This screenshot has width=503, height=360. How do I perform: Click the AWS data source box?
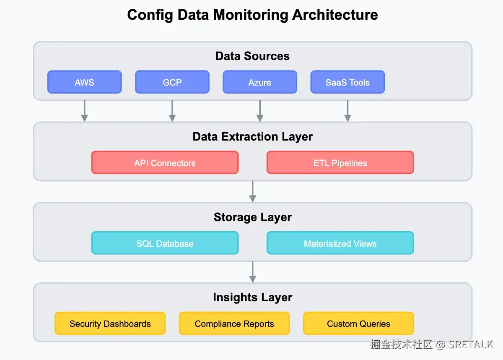(x=84, y=82)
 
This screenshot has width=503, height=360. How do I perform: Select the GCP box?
(x=172, y=82)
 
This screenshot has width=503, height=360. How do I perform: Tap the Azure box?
(x=260, y=82)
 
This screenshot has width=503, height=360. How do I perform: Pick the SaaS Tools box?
(x=347, y=82)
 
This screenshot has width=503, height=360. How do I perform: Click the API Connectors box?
(x=165, y=162)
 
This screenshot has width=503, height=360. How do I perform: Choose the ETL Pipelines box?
(x=340, y=162)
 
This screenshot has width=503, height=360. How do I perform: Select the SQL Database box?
(x=165, y=243)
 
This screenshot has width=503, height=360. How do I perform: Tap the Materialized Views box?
(x=340, y=243)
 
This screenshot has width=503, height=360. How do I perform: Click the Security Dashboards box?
(x=110, y=323)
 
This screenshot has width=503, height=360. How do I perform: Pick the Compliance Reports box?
(x=234, y=323)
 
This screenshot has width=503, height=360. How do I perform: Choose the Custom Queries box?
(x=358, y=323)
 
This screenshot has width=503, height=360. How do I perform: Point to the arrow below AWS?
(x=84, y=111)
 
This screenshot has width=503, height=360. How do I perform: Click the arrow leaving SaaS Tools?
(x=347, y=111)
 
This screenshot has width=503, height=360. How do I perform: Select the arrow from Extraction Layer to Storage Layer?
(x=253, y=191)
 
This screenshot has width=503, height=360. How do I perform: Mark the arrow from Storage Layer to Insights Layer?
(x=253, y=272)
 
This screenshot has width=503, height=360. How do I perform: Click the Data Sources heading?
(x=252, y=56)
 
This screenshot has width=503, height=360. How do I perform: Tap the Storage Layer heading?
(x=253, y=217)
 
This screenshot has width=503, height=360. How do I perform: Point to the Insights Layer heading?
(x=253, y=297)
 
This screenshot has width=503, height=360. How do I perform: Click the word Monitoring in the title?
(x=251, y=15)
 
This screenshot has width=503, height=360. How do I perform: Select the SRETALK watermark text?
(x=471, y=344)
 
